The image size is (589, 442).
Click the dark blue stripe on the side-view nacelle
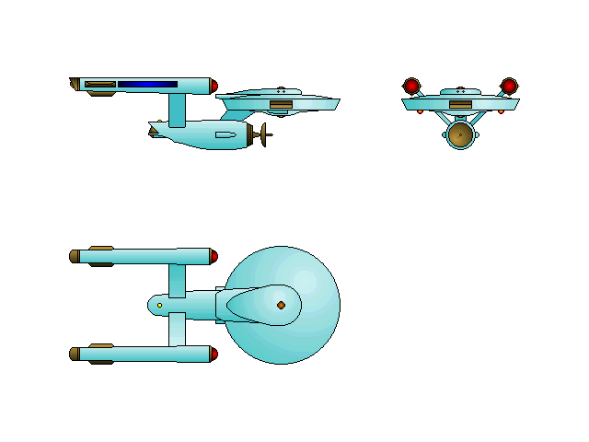coord(147,84)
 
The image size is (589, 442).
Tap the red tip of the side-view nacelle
coord(214,86)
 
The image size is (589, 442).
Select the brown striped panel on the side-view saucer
coord(281,105)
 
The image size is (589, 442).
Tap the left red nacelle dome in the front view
coord(411,86)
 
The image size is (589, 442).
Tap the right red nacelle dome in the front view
coord(509,86)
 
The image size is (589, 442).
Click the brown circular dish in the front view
coord(460,134)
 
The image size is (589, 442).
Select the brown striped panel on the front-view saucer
coord(460,105)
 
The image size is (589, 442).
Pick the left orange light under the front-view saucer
coord(420,111)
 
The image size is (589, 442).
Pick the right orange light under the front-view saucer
coord(501,111)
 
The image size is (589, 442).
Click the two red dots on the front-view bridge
coord(460,90)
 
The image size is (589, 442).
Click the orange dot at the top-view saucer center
coord(281,305)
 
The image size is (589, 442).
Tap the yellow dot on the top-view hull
coord(159,305)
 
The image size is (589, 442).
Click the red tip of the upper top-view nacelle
coord(214,256)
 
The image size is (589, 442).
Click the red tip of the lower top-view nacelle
coord(214,354)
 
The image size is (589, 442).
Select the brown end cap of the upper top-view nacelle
coord(74,256)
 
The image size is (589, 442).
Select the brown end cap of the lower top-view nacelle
coord(74,354)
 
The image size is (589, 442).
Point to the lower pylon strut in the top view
coord(177,329)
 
